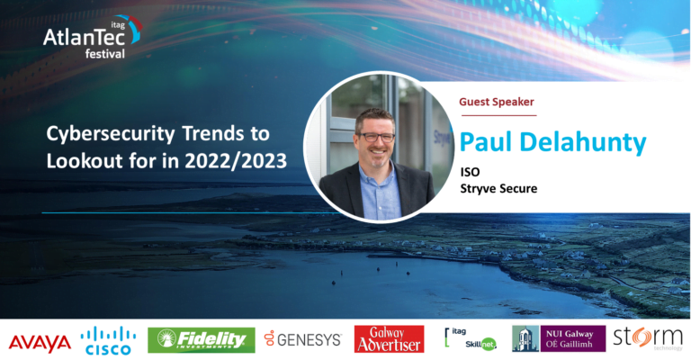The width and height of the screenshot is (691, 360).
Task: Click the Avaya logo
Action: pyautogui.click(x=40, y=343)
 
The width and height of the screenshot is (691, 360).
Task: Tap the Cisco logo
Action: pyautogui.click(x=108, y=340)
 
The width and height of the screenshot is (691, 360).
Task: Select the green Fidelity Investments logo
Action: pyautogui.click(x=201, y=340)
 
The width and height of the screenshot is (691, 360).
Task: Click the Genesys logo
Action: pyautogui.click(x=303, y=338)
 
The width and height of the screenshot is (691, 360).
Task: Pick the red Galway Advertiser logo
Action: pyautogui.click(x=389, y=338)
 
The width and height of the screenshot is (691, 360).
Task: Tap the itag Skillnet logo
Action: pyautogui.click(x=471, y=338)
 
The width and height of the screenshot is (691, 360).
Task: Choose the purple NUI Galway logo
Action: pyautogui.click(x=559, y=338)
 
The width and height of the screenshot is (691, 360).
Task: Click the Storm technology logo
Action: pyautogui.click(x=648, y=338)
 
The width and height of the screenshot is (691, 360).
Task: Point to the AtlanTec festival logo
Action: pyautogui.click(x=93, y=37)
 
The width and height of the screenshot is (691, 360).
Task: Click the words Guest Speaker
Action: pyautogui.click(x=497, y=102)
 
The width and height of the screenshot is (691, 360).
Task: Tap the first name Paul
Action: pyautogui.click(x=487, y=142)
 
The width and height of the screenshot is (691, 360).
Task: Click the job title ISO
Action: pyautogui.click(x=471, y=172)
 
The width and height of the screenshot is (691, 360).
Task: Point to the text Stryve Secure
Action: pyautogui.click(x=498, y=189)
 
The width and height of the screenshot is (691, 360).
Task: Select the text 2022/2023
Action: pyautogui.click(x=236, y=161)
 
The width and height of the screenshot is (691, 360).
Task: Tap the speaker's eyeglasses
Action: pyautogui.click(x=375, y=137)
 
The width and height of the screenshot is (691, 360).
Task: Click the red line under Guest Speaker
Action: pyautogui.click(x=498, y=115)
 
